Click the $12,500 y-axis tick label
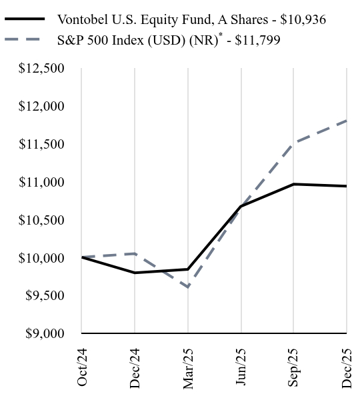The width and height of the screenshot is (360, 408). [42, 69]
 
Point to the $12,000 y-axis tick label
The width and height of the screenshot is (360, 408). [42, 107]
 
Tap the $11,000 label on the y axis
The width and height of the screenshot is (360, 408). [42, 182]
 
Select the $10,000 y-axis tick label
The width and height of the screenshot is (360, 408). [42, 258]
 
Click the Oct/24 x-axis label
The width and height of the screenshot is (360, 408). [82, 366]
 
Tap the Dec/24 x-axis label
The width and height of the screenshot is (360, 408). [135, 366]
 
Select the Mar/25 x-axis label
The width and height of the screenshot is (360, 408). [188, 366]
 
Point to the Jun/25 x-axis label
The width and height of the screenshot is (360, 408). [241, 366]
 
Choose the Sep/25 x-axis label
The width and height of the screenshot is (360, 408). [294, 366]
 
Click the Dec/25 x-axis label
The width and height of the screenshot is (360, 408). [347, 366]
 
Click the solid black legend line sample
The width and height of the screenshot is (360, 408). [25, 19]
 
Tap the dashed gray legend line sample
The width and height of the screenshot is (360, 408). [25, 41]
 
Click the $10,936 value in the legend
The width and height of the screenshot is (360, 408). [303, 19]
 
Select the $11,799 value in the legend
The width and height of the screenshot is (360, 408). [257, 41]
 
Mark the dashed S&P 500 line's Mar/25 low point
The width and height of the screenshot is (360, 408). [188, 287]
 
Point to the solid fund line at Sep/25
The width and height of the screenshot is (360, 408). [294, 184]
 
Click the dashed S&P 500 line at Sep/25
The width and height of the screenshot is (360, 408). [294, 143]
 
